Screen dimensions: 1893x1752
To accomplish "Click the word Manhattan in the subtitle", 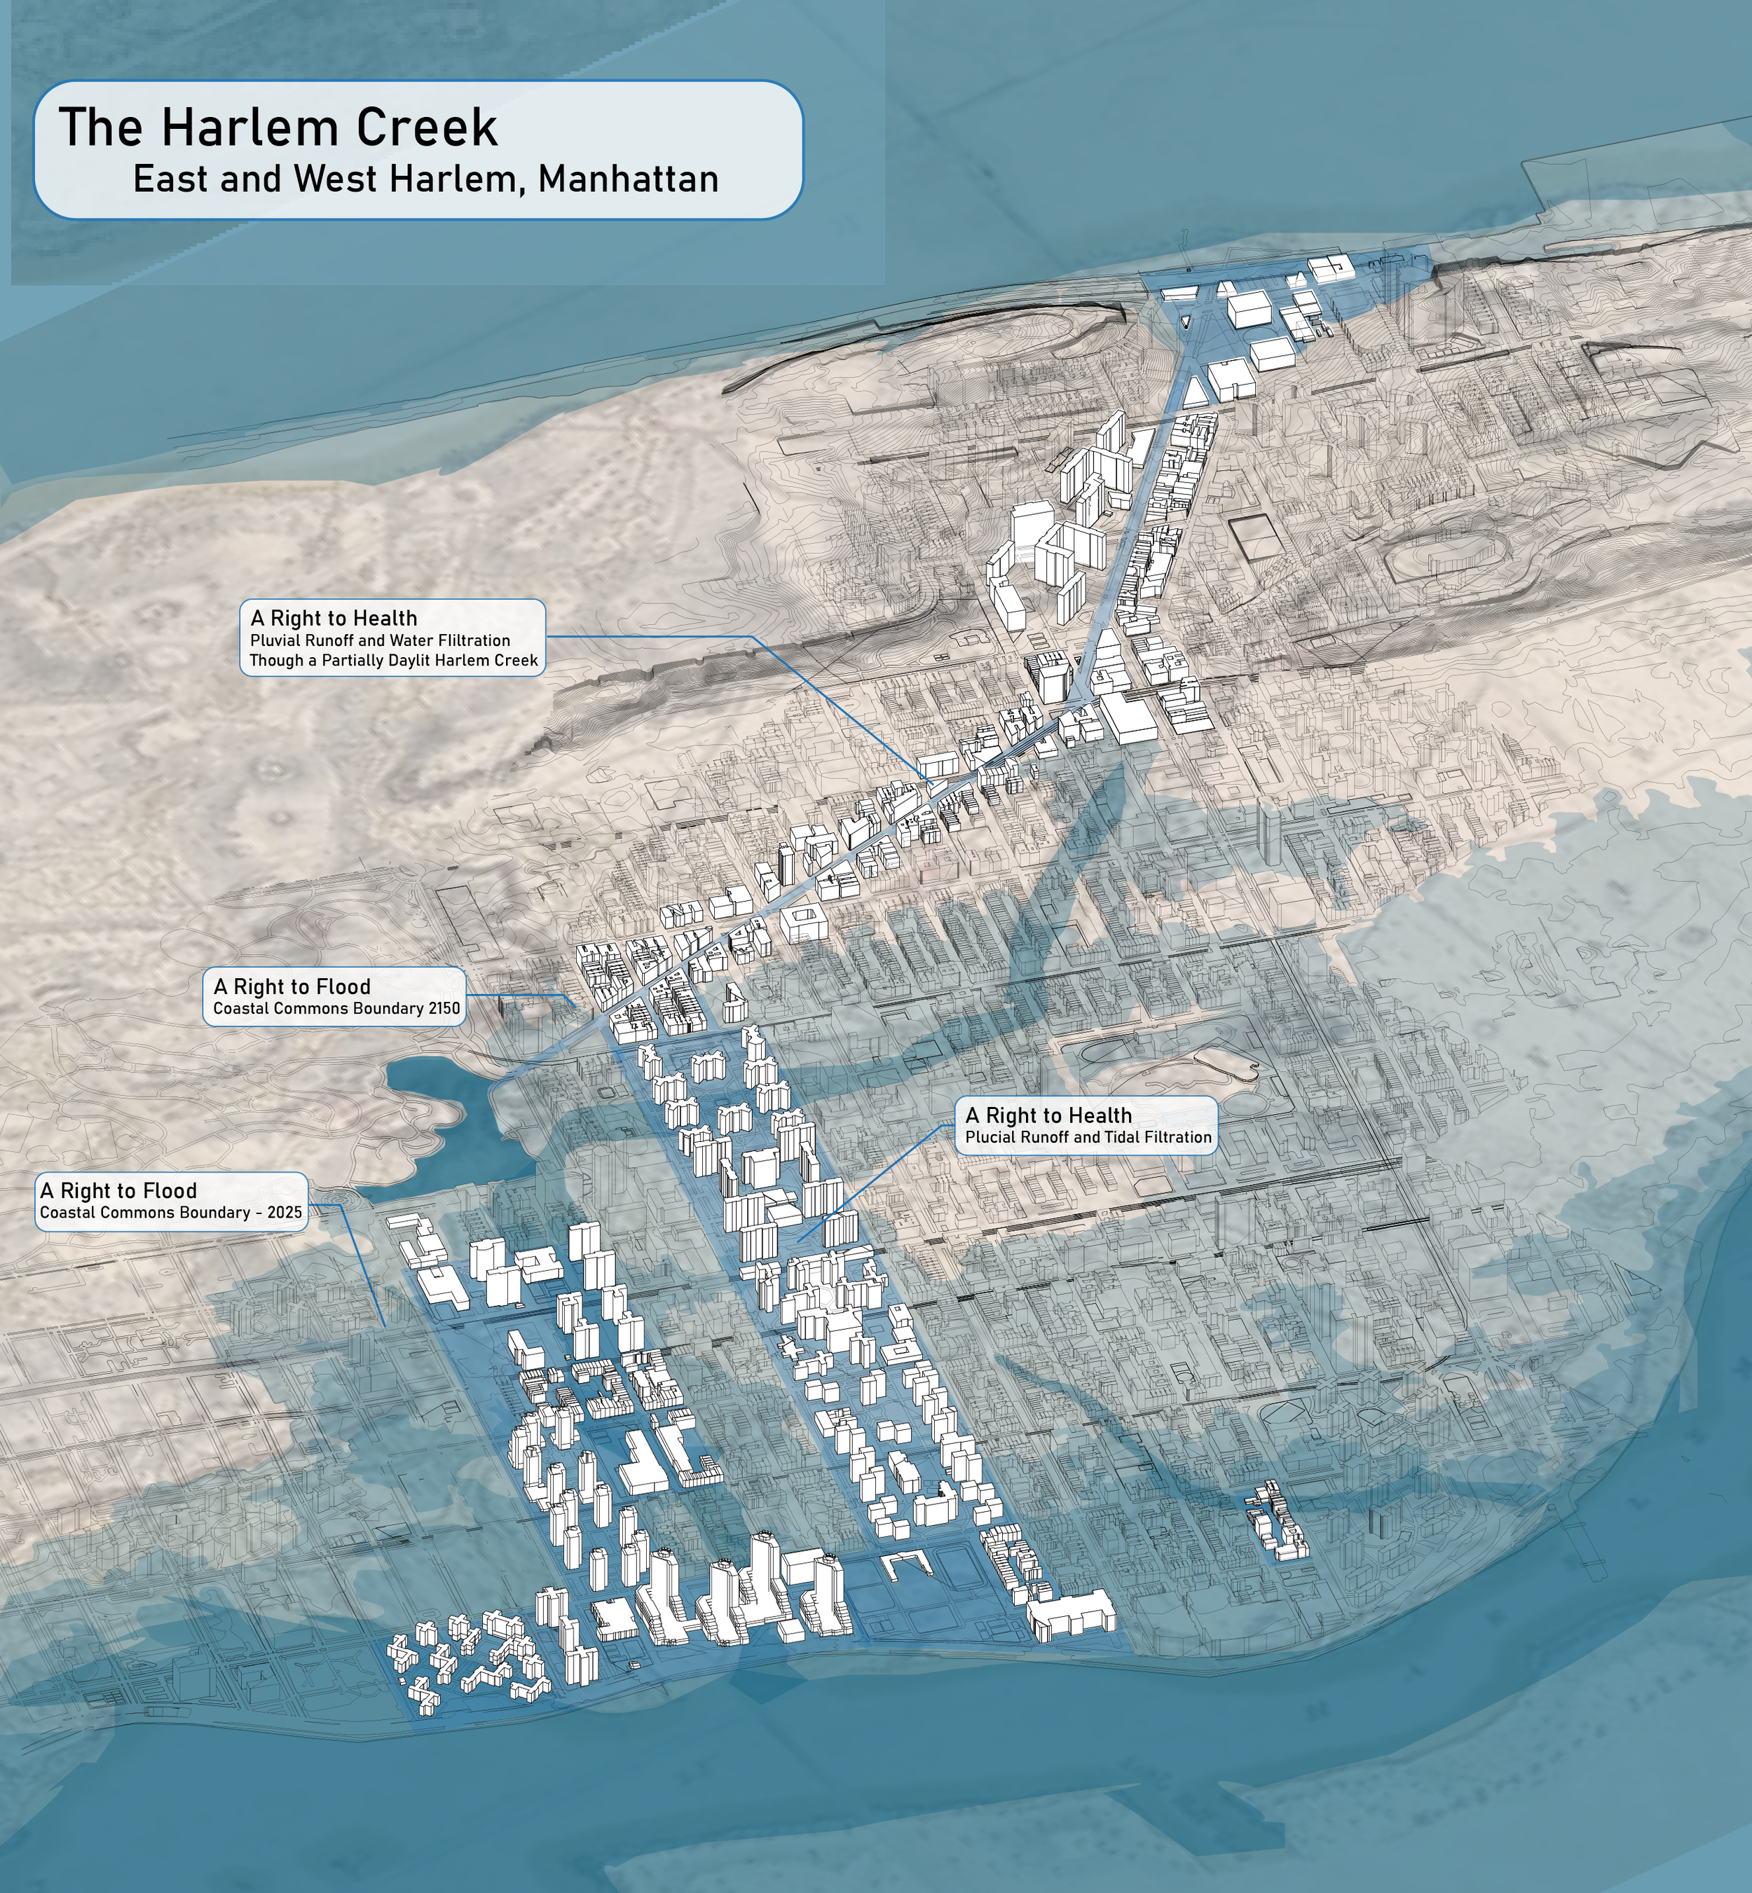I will pos(628,179).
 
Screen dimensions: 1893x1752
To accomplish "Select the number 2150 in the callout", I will pos(444,1009).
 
